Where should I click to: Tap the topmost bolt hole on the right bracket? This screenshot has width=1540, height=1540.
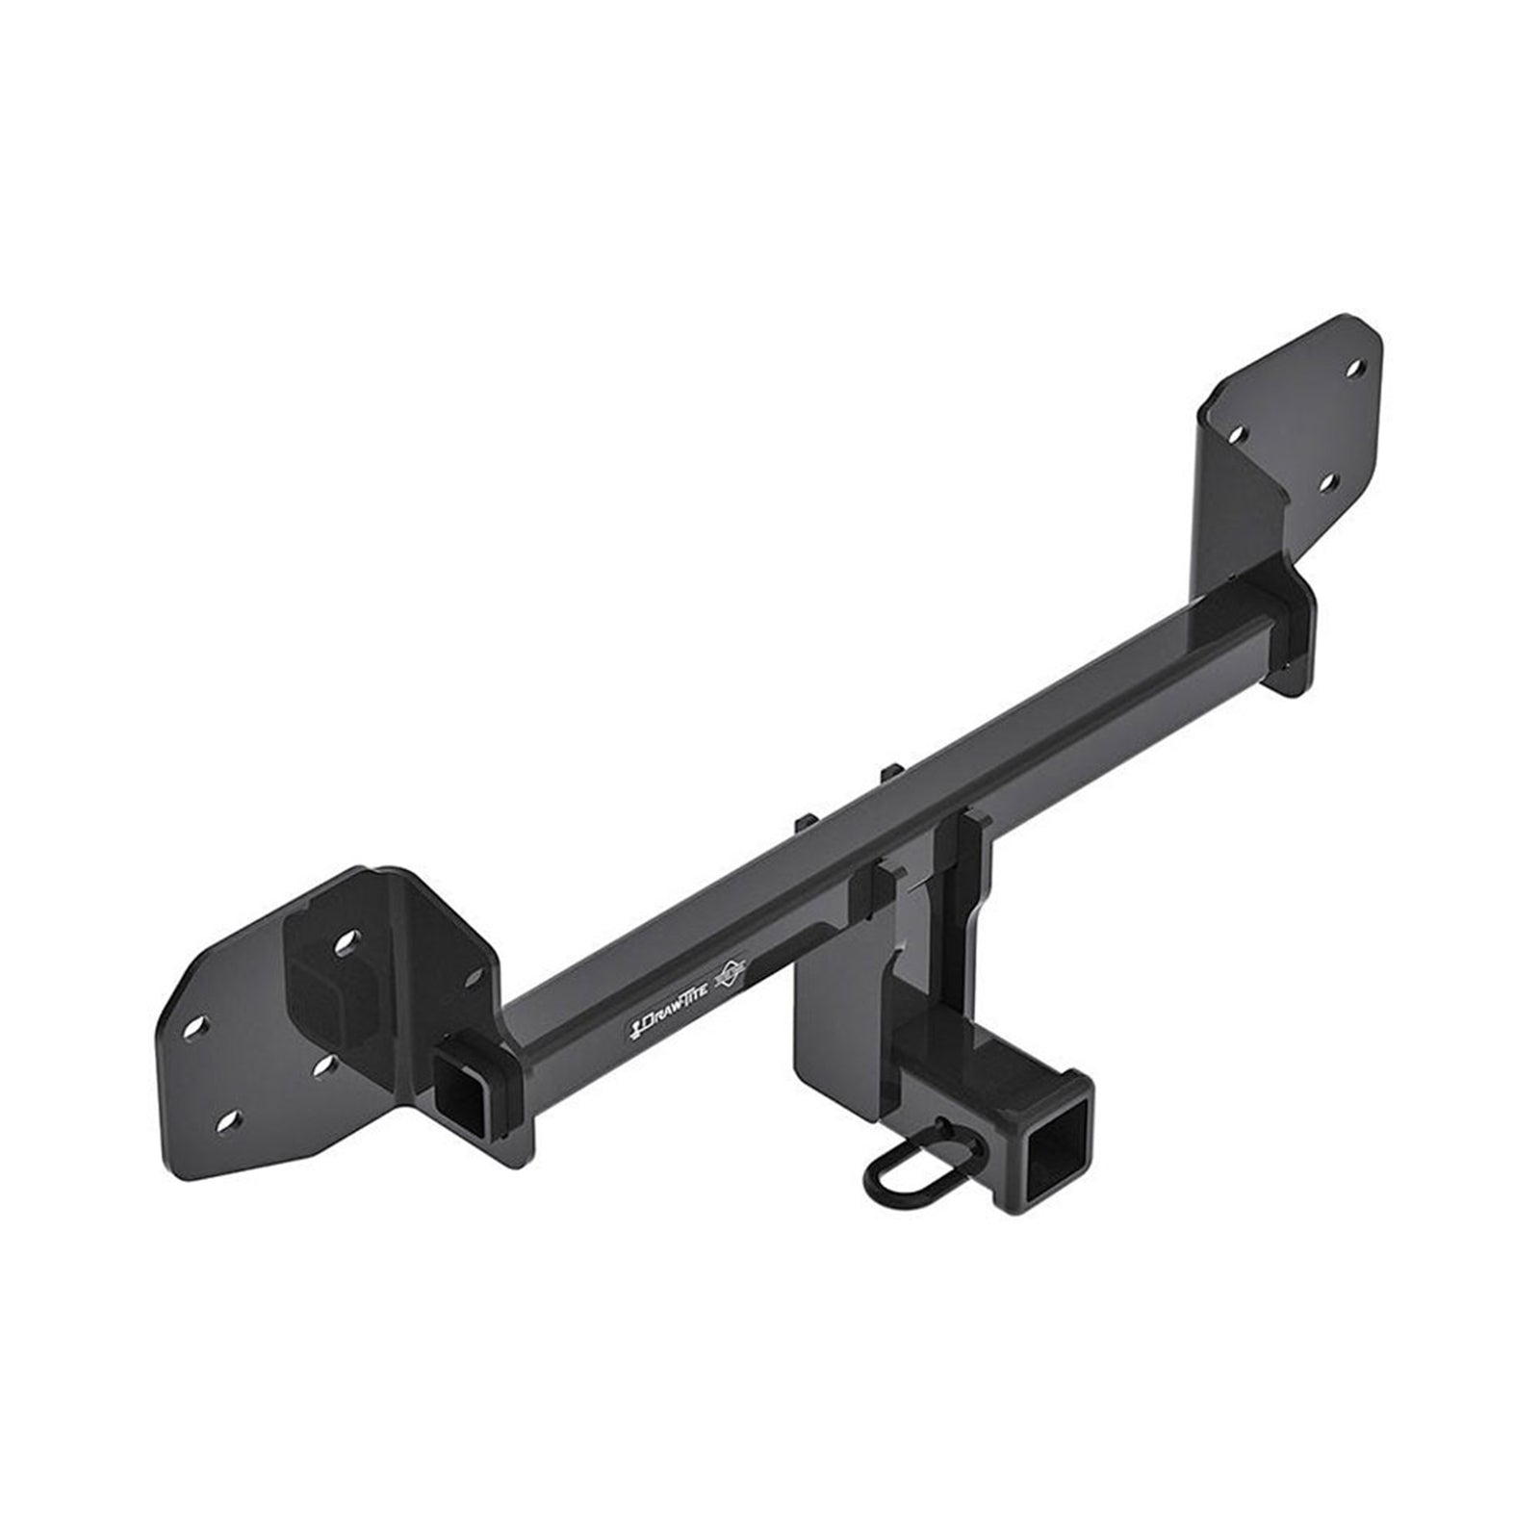point(1354,369)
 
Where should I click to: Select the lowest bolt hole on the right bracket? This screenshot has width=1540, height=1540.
point(1324,478)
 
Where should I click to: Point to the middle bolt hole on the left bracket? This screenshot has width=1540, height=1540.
point(322,1063)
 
